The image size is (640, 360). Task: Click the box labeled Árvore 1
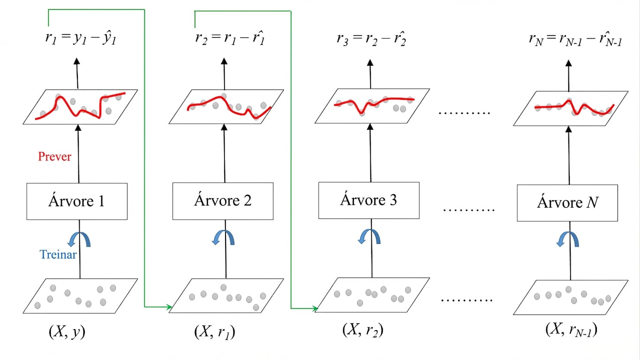coord(77,202)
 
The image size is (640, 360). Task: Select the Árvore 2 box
coord(223,201)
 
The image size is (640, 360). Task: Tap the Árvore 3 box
coord(369,200)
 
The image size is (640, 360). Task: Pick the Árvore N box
coord(567,203)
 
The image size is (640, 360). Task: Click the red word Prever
coord(54,157)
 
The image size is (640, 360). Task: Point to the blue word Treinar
coord(58,255)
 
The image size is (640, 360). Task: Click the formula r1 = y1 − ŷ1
coord(81,38)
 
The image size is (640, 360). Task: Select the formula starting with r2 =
coord(230,38)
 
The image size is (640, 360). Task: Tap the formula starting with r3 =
coord(371,38)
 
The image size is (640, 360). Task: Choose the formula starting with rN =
coord(575,39)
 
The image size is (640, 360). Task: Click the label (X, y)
coord(67,332)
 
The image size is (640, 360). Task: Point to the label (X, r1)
coord(215,332)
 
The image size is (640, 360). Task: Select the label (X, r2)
coord(362,330)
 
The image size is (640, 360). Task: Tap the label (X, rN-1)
coord(571,330)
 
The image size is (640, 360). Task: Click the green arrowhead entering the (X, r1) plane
coord(169,307)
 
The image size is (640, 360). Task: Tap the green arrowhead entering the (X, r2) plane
coord(315,308)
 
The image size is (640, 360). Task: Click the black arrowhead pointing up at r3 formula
coord(370,62)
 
